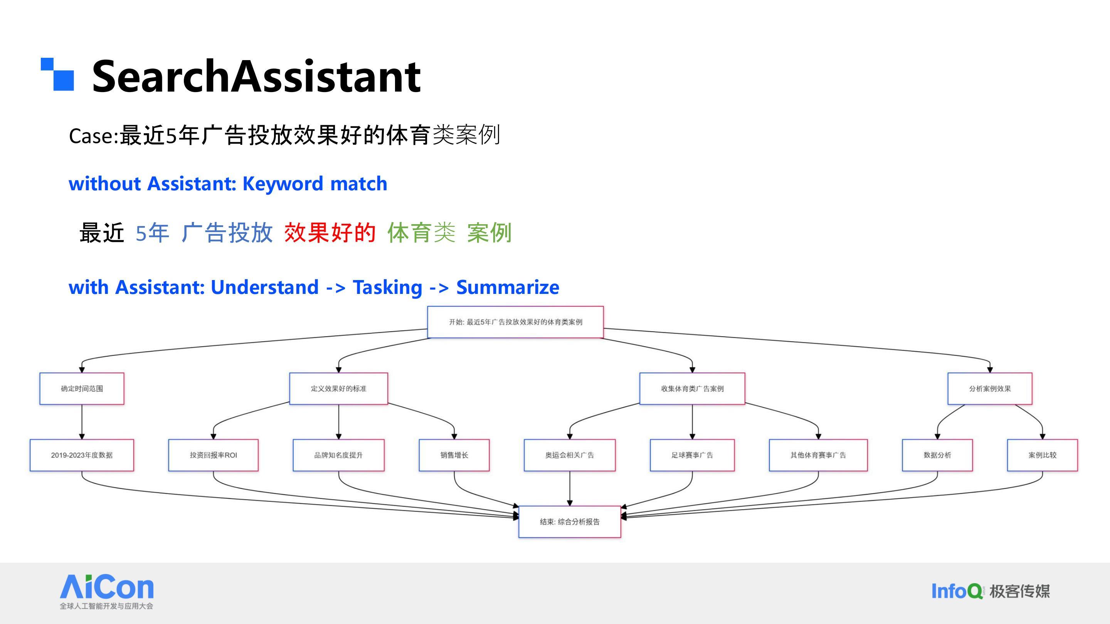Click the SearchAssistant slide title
[256, 76]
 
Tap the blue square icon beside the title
[57, 74]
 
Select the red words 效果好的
[330, 233]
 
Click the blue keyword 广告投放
[227, 233]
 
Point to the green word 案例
[489, 233]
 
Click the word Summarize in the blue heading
[508, 287]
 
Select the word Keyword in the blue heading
[282, 184]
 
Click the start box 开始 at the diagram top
[515, 322]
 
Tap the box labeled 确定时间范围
[82, 388]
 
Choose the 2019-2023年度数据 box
[82, 455]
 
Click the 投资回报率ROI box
[213, 455]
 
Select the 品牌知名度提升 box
[339, 455]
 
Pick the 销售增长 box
[454, 455]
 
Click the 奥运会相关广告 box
[570, 455]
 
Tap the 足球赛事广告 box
[693, 455]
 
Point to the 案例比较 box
[1042, 455]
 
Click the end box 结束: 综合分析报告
[570, 522]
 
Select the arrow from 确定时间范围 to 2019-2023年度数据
[82, 422]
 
